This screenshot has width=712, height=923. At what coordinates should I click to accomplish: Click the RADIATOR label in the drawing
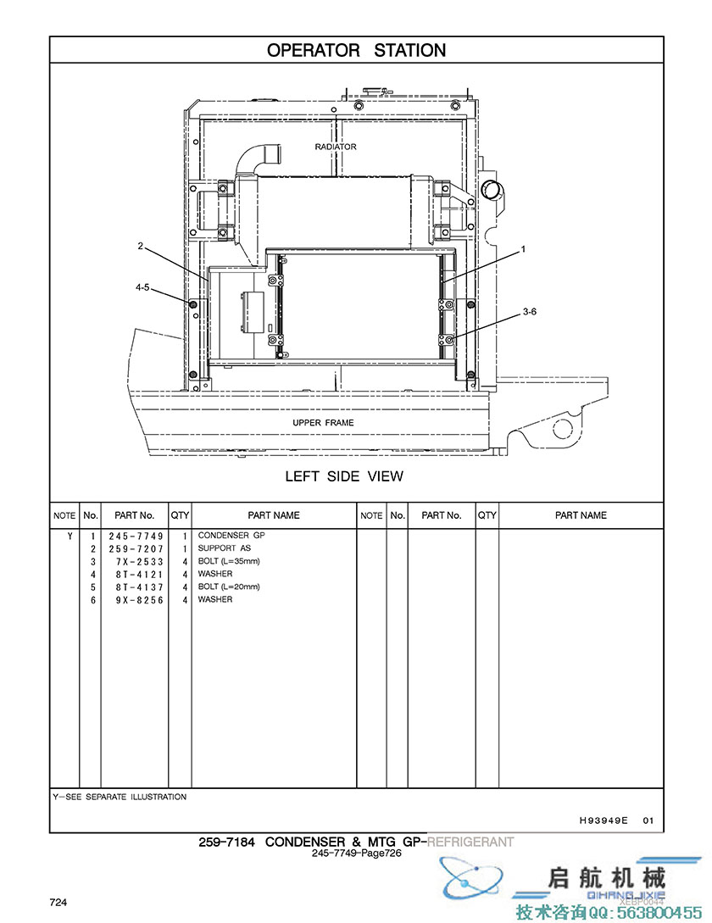point(335,147)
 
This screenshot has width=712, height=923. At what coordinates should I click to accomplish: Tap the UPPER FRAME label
point(323,423)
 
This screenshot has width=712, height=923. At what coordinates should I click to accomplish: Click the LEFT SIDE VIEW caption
point(344,476)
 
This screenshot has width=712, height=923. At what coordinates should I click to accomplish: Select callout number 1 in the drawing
point(523,249)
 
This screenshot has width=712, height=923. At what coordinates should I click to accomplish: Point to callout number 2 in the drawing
point(140,246)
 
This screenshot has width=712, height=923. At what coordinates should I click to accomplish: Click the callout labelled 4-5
point(142,287)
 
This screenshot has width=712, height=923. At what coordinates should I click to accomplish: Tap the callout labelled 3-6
point(530,311)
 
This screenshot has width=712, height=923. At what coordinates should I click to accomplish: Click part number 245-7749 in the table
point(136,536)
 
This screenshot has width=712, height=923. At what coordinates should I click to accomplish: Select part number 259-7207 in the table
point(136,548)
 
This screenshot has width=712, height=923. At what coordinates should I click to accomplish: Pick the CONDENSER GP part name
point(231,535)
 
